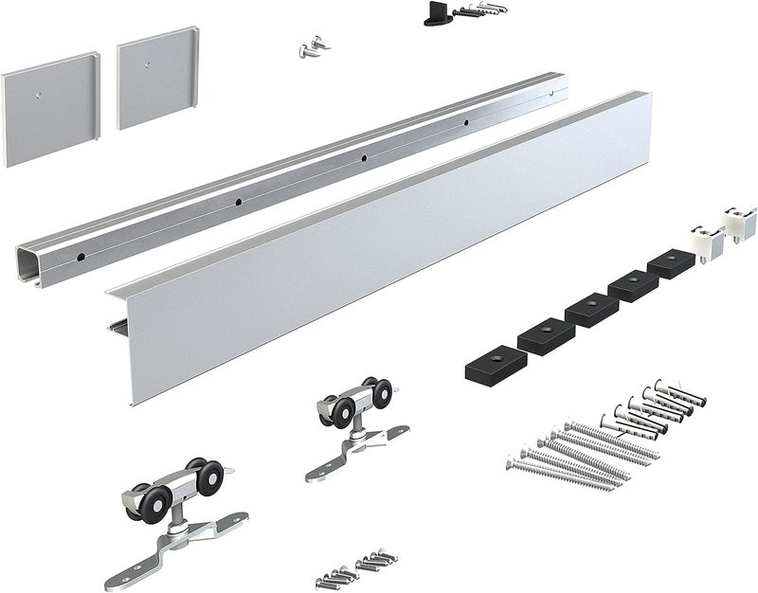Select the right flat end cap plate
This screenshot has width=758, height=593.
153,83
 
